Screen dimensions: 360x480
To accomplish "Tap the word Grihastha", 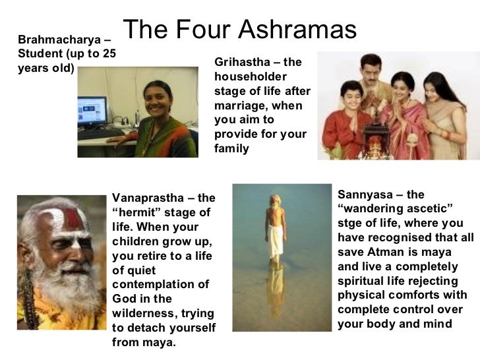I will click(x=240, y=63).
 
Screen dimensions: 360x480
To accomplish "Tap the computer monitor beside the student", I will click(x=92, y=112).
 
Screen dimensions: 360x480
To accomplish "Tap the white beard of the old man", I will click(x=63, y=277).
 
